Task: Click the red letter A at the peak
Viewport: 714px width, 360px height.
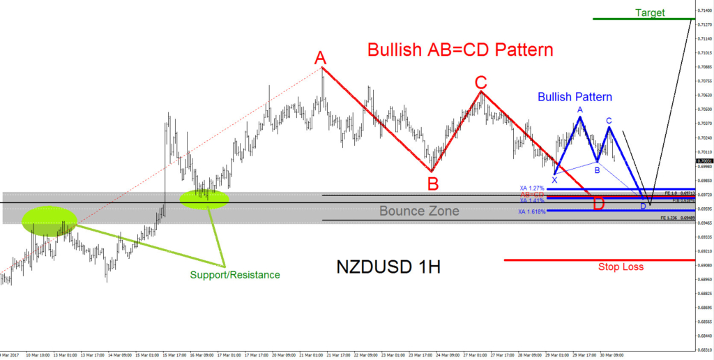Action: coord(320,57)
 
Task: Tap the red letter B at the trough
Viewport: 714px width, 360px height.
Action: coord(433,183)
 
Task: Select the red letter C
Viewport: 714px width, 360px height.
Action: coord(480,80)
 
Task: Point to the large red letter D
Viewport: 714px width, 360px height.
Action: coord(598,204)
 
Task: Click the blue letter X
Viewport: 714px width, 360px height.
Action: coord(554,180)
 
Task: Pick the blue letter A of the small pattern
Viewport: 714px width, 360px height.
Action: coord(579,110)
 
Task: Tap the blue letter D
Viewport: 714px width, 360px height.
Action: coord(643,207)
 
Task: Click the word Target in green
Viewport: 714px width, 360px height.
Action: coord(650,13)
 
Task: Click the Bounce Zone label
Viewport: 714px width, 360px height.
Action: coord(419,211)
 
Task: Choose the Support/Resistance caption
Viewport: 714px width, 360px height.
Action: coord(234,275)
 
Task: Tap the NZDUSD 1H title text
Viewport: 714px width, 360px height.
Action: coord(388,267)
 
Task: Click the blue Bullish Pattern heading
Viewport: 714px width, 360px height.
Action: coord(575,97)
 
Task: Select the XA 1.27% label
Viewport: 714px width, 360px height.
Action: coord(531,188)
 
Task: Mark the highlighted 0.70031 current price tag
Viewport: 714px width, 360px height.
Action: coord(704,160)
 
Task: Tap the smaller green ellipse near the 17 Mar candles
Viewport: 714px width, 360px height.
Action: coord(204,199)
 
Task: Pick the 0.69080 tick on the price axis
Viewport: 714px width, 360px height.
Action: coord(704,265)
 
